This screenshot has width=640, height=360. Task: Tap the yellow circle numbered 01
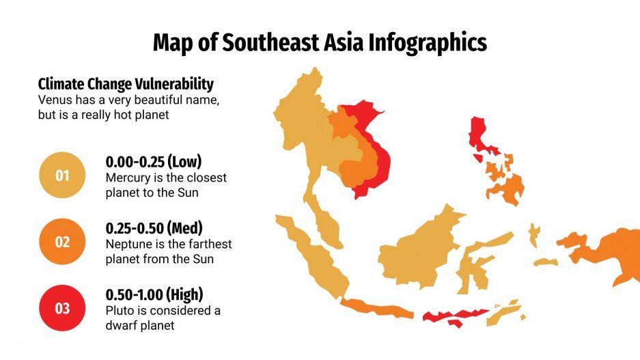(x=62, y=176)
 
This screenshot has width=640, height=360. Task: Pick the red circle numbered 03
(x=62, y=308)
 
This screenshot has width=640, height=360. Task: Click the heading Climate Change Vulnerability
(x=126, y=84)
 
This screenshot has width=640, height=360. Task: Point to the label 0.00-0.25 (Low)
(x=154, y=162)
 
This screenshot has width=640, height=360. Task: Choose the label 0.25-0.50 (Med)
(x=154, y=227)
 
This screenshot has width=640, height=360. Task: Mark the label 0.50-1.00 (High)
(x=154, y=294)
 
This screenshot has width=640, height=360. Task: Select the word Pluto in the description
(x=119, y=310)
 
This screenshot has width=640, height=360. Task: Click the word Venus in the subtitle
(x=55, y=100)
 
